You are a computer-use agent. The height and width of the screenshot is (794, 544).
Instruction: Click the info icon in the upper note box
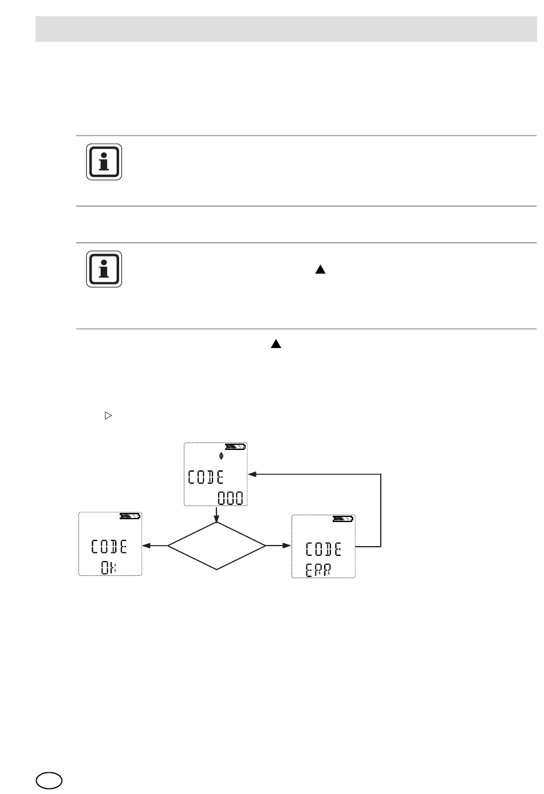click(104, 162)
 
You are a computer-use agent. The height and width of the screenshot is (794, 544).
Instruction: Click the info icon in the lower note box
click(104, 269)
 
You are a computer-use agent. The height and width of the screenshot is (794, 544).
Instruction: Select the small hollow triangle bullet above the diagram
click(107, 417)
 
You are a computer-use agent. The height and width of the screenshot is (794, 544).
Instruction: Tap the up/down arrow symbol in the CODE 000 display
click(221, 456)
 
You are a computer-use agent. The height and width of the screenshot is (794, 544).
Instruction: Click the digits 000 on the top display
click(230, 498)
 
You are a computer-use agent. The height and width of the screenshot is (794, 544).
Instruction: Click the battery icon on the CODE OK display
click(129, 516)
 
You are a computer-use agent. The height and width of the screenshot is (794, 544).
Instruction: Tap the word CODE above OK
click(109, 547)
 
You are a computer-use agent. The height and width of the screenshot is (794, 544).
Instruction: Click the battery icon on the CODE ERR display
click(343, 519)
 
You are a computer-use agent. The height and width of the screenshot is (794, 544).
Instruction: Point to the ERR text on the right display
click(318, 570)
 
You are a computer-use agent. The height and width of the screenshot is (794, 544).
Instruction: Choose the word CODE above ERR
click(324, 550)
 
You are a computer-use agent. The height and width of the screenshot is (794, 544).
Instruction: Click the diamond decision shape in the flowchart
click(217, 546)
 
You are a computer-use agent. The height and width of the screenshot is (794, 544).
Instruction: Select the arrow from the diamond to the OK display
click(155, 546)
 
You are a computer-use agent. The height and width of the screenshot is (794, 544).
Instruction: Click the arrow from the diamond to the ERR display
click(279, 546)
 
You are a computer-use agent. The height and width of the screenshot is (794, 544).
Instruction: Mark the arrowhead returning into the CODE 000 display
click(252, 475)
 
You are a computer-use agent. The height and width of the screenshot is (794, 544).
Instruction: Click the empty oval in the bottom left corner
click(48, 780)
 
